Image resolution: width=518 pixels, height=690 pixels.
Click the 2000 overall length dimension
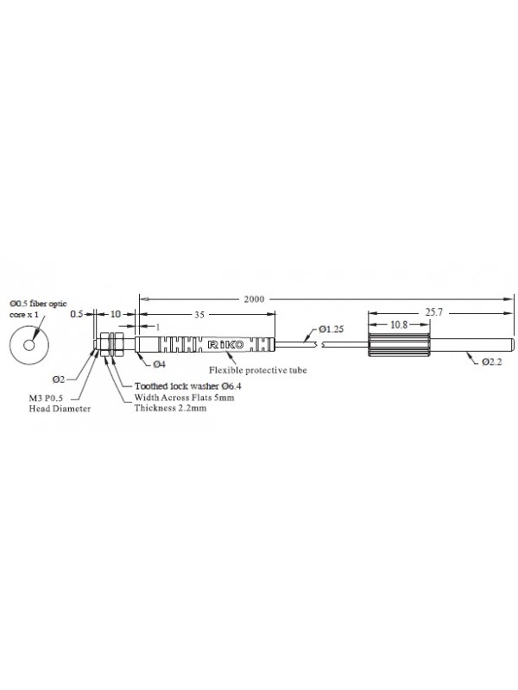254,299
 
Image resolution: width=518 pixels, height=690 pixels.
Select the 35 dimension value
199,315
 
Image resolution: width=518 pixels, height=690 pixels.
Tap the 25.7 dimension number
434,312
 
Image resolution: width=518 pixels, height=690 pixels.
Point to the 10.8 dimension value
399,325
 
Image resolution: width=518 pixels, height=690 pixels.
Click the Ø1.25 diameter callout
332,329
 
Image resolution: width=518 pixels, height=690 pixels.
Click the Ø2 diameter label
59,379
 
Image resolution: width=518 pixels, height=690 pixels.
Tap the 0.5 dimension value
77,314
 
